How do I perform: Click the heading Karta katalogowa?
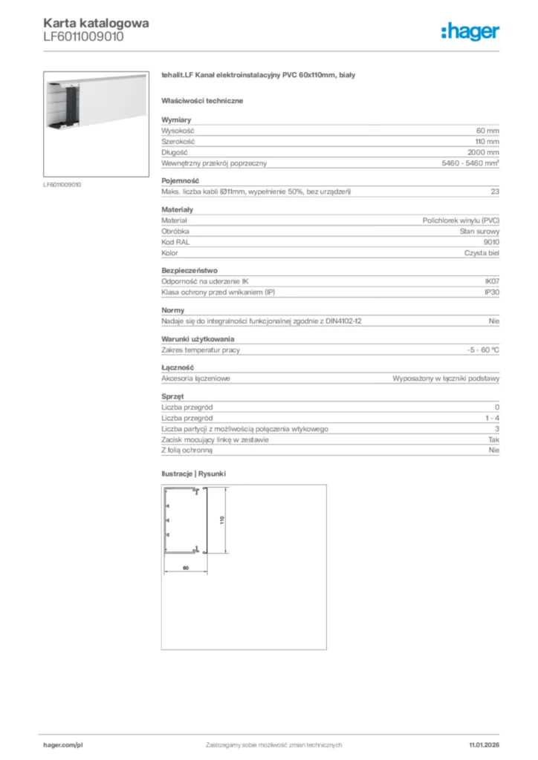[x=96, y=22]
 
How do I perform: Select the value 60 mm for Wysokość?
[x=487, y=130]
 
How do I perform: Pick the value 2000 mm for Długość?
[x=484, y=152]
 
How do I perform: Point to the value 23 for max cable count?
[x=495, y=192]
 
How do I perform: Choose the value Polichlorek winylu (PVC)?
[x=461, y=220]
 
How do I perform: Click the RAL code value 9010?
[x=491, y=242]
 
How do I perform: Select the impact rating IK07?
[x=491, y=281]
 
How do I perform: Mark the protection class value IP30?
[x=491, y=292]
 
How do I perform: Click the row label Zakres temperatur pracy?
[x=201, y=350]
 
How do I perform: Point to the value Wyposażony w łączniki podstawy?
[x=446, y=378]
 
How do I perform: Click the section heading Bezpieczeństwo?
[x=189, y=270]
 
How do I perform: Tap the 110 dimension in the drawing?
[x=221, y=520]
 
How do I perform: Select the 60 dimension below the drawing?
[x=185, y=568]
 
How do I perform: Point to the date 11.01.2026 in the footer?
[x=484, y=744]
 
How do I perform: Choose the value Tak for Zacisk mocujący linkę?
[x=493, y=439]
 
